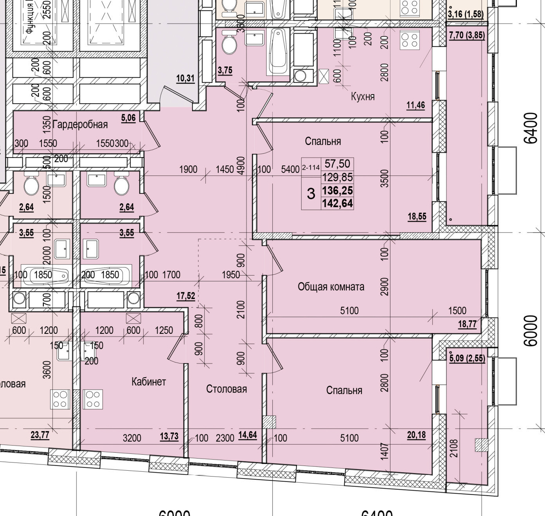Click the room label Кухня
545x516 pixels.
(x=363, y=97)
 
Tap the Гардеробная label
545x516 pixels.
(x=80, y=125)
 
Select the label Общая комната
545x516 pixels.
(x=331, y=287)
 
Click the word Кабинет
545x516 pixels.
(x=149, y=382)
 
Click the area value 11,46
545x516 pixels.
(x=415, y=105)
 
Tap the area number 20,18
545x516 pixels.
(x=416, y=435)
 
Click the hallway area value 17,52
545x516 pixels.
(x=185, y=296)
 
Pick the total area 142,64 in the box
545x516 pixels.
(x=337, y=203)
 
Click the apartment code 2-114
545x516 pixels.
(x=311, y=168)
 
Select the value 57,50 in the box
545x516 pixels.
(x=337, y=163)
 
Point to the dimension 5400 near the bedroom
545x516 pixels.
(x=290, y=170)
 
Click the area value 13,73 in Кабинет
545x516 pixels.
(x=169, y=436)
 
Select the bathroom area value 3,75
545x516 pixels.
(x=225, y=70)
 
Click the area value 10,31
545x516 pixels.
(x=185, y=78)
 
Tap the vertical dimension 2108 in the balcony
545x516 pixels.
(x=454, y=448)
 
